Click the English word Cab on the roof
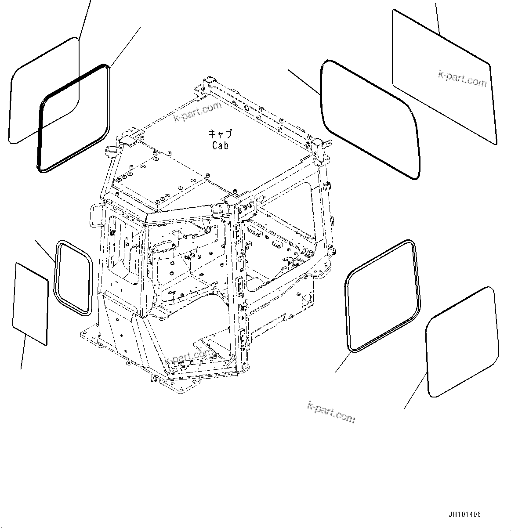(220, 145)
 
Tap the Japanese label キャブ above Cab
(220, 134)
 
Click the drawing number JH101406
(464, 515)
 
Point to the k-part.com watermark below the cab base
(331, 412)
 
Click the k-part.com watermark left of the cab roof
(198, 112)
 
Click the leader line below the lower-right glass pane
(415, 391)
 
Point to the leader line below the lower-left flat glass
(23, 351)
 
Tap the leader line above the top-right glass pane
(437, 18)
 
